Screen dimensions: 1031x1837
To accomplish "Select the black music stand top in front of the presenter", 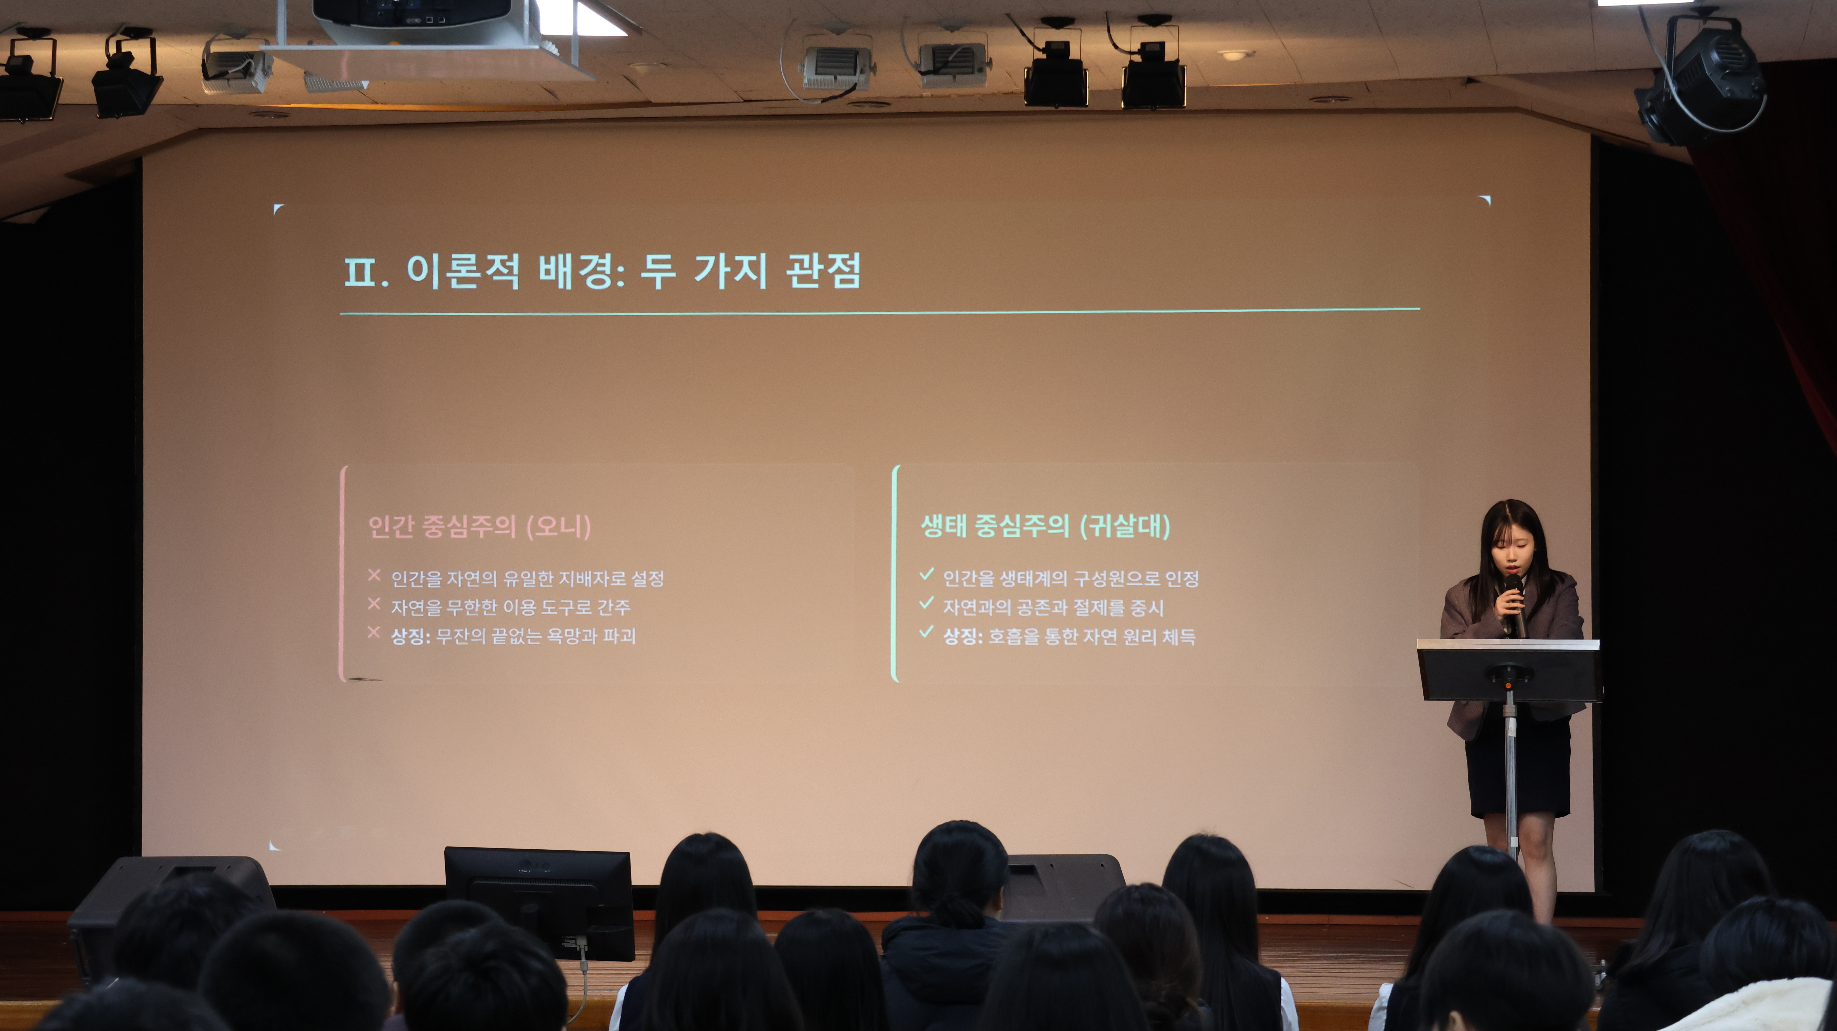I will (x=1508, y=671).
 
